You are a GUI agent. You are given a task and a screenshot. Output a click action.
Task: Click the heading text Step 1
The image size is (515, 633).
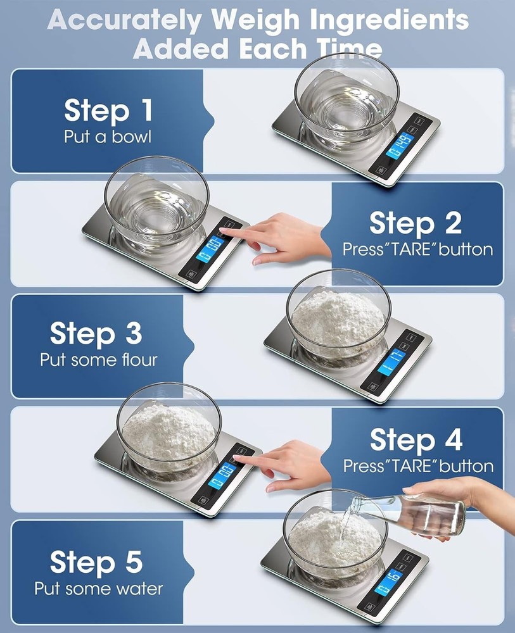click(x=108, y=111)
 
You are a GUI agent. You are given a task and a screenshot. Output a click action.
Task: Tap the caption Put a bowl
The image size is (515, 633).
click(x=108, y=137)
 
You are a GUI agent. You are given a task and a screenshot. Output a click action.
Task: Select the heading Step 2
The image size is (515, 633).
click(x=415, y=223)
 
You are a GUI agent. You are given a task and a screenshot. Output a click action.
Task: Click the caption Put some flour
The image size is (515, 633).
click(x=98, y=360)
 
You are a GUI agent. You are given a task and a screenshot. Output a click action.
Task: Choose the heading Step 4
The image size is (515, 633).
click(x=416, y=440)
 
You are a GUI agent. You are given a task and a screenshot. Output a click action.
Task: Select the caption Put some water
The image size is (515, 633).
click(x=98, y=589)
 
